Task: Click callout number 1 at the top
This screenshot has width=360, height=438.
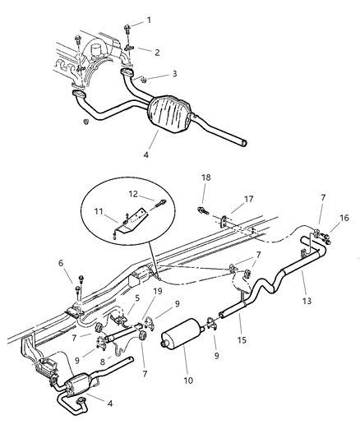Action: point(149,19)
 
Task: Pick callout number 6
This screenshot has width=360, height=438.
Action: point(60,263)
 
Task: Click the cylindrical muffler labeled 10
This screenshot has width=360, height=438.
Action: point(181,340)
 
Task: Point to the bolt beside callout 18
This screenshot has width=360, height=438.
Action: point(201,212)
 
